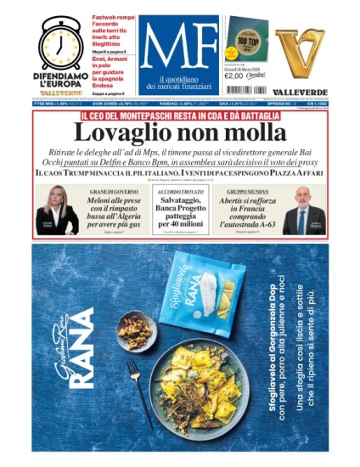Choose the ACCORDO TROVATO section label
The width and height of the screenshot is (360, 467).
179,193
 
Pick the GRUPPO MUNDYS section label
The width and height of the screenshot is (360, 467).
247,193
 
